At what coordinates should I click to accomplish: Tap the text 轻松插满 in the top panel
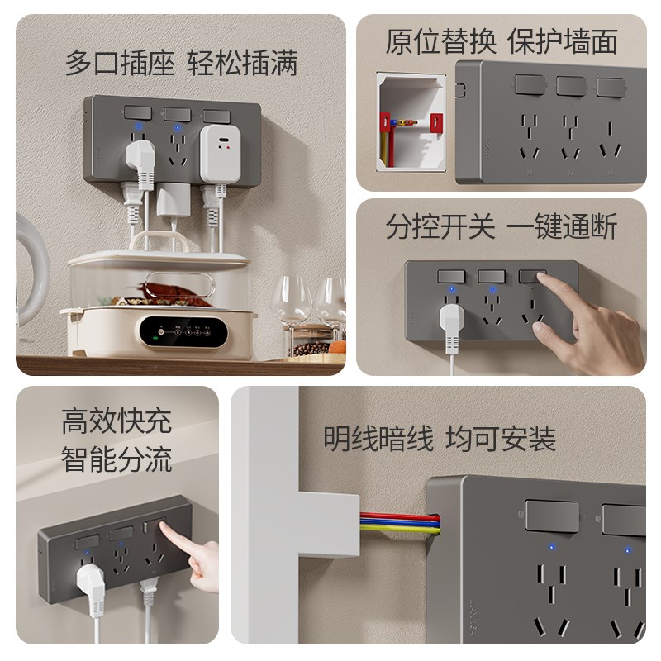pyautogui.click(x=242, y=64)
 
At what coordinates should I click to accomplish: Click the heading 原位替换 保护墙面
pyautogui.click(x=501, y=41)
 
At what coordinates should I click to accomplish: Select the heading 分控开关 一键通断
pyautogui.click(x=501, y=226)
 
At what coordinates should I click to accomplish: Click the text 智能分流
pyautogui.click(x=117, y=459)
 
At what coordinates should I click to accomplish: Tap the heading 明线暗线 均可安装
pyautogui.click(x=439, y=439)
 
